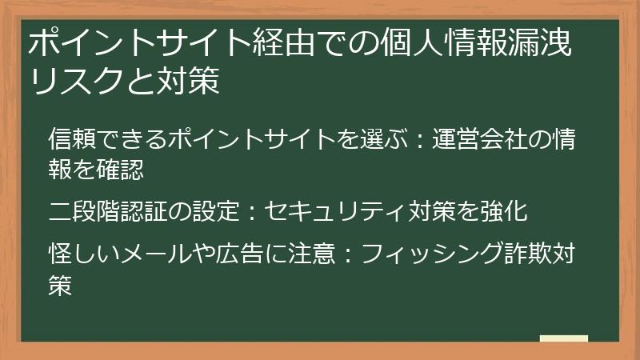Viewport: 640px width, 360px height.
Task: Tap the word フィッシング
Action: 425,254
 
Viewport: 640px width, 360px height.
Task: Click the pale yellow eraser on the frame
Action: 563,339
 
